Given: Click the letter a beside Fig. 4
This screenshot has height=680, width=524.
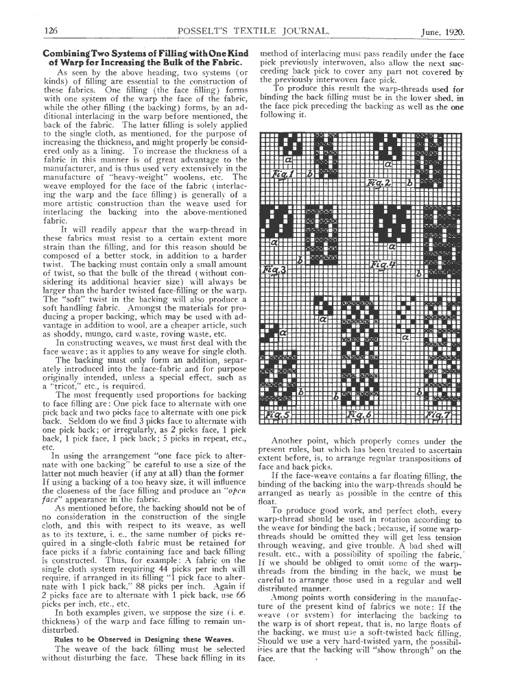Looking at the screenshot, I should (393, 245).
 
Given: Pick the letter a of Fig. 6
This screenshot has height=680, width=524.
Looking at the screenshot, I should (322, 319).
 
